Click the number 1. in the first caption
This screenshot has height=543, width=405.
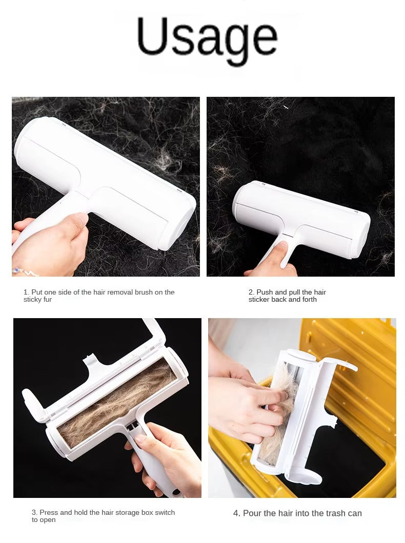click(26, 293)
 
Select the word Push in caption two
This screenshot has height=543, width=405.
click(265, 293)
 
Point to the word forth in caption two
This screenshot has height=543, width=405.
click(308, 300)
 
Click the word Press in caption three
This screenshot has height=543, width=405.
click(49, 513)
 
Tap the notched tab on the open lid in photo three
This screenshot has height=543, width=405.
click(97, 360)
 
